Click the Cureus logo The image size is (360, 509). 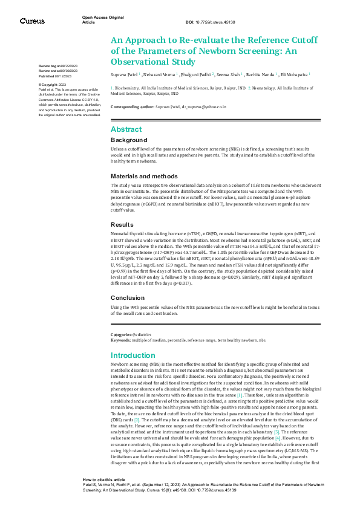[x=32, y=21]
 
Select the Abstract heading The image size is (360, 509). [x=126, y=129]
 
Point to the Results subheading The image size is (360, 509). [x=122, y=224]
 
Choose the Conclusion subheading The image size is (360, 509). [x=128, y=298]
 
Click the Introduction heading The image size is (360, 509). [x=133, y=355]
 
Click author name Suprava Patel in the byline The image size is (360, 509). [x=124, y=74]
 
